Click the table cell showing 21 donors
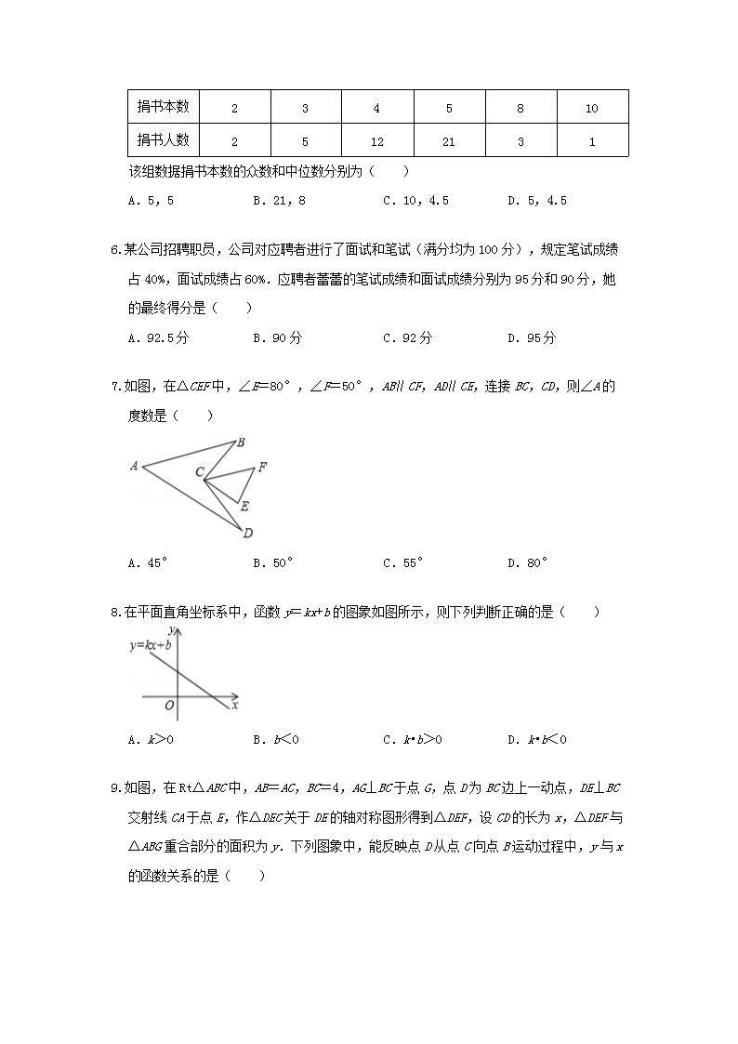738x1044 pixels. [x=449, y=140]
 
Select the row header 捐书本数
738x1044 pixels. [x=164, y=107]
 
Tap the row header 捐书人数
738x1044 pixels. [x=164, y=140]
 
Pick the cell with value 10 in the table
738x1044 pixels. [x=592, y=108]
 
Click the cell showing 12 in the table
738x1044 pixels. [x=376, y=140]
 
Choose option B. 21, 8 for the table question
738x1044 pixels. [x=280, y=200]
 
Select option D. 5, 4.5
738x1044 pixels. [x=536, y=200]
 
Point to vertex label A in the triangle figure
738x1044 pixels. [x=135, y=466]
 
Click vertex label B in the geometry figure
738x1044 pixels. [x=240, y=443]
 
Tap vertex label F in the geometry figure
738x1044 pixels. [x=262, y=468]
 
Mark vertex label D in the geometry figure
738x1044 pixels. [x=247, y=534]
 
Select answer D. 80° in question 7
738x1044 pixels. [x=527, y=562]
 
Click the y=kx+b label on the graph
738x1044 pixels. [x=151, y=644]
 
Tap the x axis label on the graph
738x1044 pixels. [x=234, y=706]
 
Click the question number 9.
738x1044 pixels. [x=114, y=789]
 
